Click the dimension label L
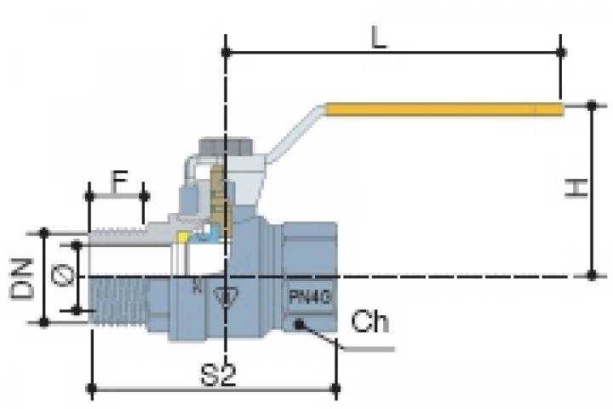click(381, 37)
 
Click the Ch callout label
click(370, 324)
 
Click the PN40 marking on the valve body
click(307, 298)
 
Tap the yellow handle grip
click(443, 109)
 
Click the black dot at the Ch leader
click(300, 324)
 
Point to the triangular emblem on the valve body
click(226, 297)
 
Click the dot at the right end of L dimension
click(561, 52)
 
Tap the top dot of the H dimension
click(592, 106)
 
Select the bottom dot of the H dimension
click(592, 275)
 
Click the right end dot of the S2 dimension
click(337, 391)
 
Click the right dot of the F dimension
click(143, 196)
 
